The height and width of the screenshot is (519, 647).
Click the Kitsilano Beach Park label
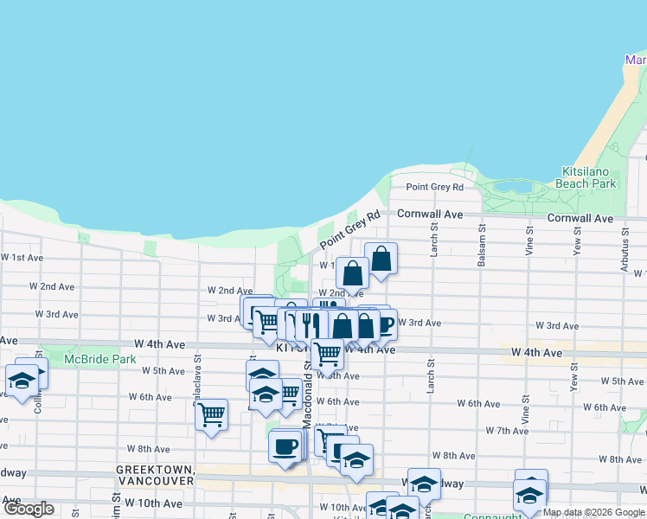(x=588, y=177)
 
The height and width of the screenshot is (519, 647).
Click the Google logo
(x=29, y=509)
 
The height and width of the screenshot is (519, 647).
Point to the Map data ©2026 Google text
(x=593, y=512)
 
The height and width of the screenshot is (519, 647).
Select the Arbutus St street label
(x=622, y=251)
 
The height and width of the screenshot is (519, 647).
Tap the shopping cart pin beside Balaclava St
(x=211, y=415)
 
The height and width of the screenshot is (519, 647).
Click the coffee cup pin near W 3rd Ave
(x=383, y=324)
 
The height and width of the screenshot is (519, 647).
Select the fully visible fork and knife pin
(x=311, y=324)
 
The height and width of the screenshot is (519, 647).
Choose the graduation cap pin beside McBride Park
(x=20, y=380)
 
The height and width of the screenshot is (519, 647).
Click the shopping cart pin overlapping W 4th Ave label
(x=327, y=352)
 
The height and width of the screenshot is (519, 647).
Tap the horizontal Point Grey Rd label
(x=434, y=187)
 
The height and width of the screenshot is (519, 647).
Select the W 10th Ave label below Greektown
(x=153, y=503)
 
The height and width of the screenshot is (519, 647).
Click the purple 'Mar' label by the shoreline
(x=636, y=61)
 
